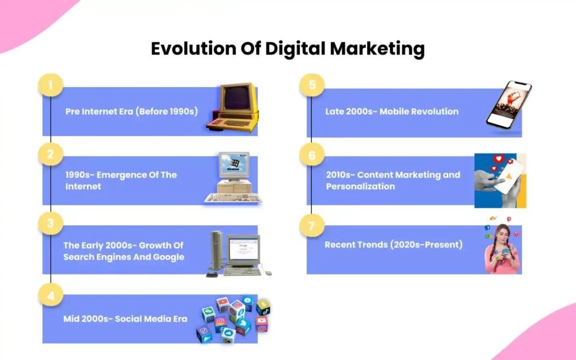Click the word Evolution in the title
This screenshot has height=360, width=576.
[193, 48]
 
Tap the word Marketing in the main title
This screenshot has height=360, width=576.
[377, 49]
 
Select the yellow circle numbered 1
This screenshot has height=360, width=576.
[51, 85]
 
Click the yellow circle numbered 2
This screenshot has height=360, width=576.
[51, 154]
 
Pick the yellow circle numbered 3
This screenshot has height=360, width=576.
[51, 223]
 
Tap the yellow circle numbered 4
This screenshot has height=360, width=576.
[51, 295]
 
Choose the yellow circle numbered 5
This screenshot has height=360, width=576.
[312, 85]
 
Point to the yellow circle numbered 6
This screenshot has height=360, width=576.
[312, 155]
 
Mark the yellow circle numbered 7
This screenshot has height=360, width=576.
[312, 225]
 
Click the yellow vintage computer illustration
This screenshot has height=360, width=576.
[233, 107]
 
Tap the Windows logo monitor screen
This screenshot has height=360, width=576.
[234, 164]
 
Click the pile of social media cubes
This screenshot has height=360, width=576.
[233, 319]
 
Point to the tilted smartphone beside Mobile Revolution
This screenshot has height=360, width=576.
[509, 105]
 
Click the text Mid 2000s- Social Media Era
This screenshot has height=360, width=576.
[125, 319]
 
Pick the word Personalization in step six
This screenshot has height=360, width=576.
[361, 186]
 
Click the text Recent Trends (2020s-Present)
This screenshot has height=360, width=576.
[393, 245]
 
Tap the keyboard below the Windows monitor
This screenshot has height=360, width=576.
[233, 198]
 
